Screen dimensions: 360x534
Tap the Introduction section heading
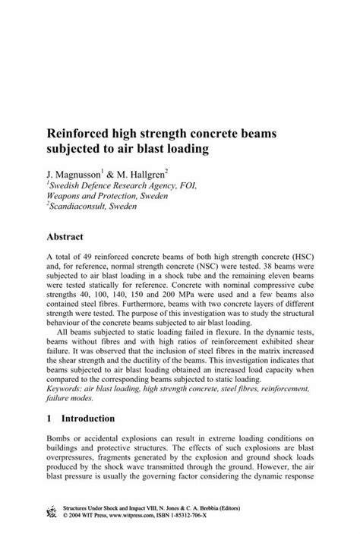tap(88, 419)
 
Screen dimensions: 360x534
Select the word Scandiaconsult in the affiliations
tap(82, 206)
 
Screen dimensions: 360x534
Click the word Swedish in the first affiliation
tap(66, 185)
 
